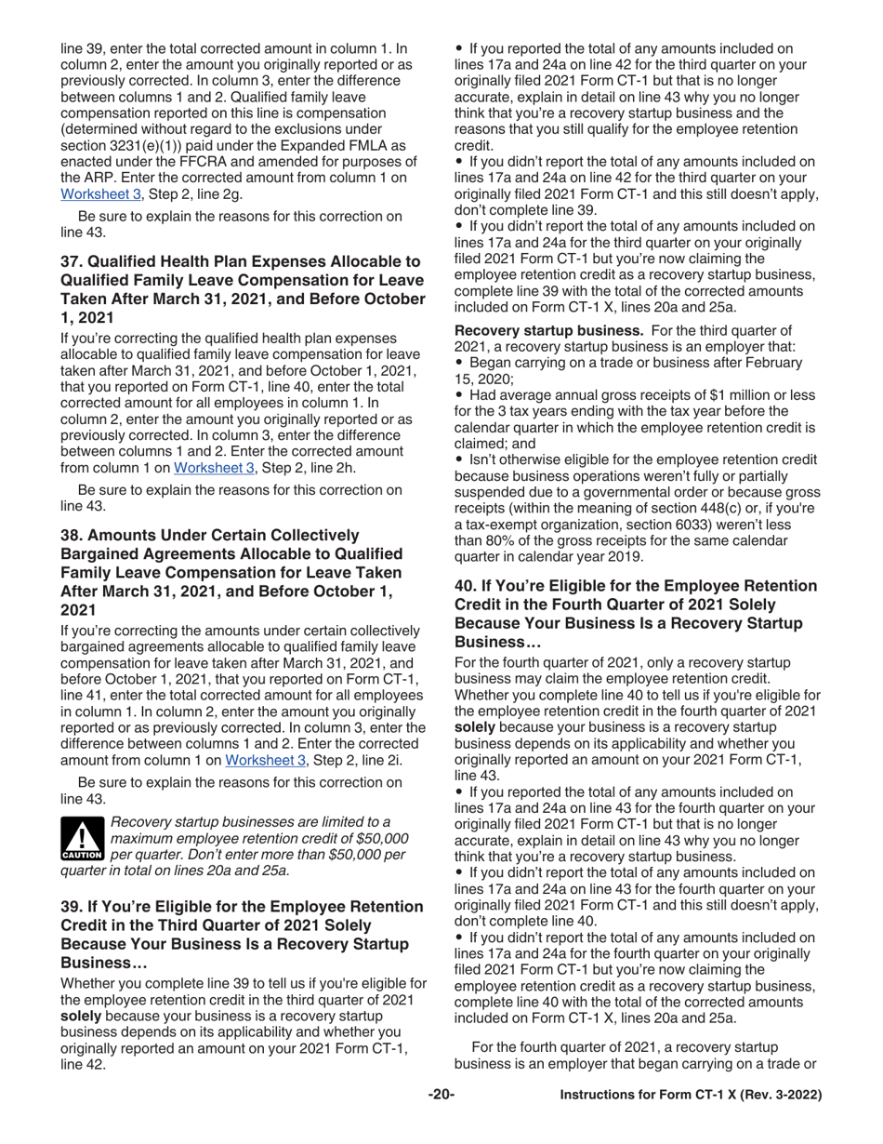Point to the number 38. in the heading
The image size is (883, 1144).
coord(72,534)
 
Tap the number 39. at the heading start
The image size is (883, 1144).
coord(72,906)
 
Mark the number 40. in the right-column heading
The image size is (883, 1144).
coord(467,585)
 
